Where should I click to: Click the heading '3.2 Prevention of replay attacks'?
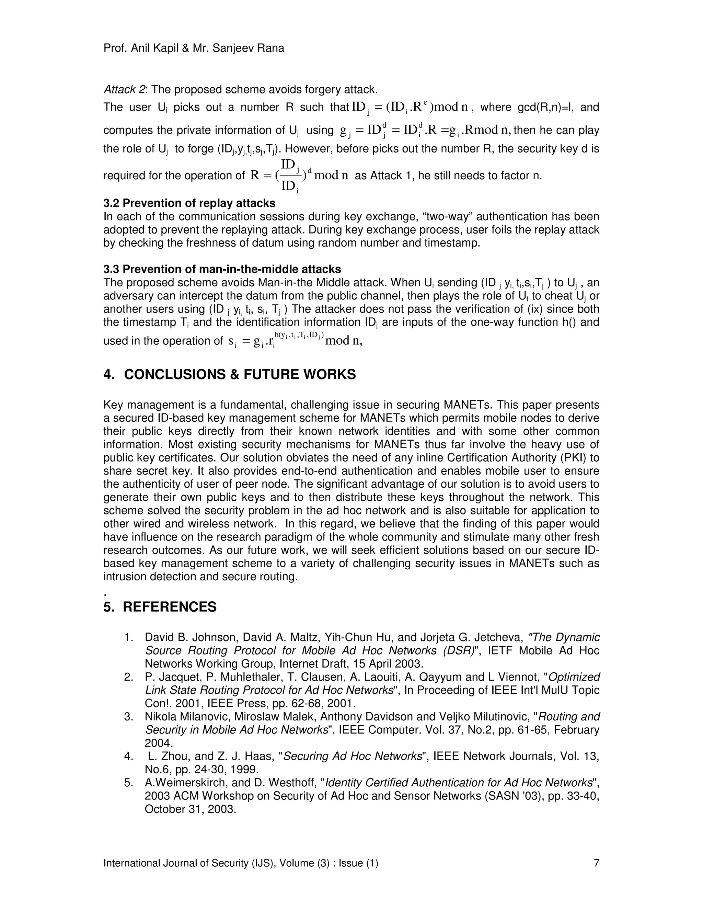tap(189, 203)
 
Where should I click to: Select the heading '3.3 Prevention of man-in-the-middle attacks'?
tap(222, 269)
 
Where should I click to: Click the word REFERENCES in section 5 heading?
tap(170, 607)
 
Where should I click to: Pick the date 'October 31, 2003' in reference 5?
tap(190, 809)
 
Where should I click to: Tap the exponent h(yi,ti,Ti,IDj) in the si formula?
tap(299, 334)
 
